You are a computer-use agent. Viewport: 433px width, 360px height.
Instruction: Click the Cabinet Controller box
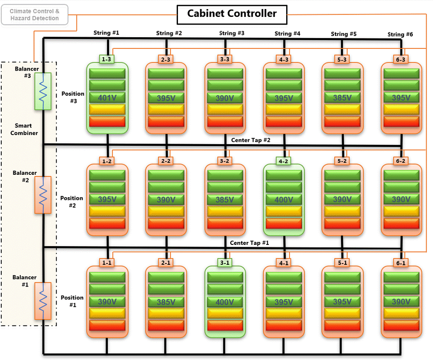pos(232,14)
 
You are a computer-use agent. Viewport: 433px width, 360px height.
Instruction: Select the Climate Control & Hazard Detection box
pos(34,15)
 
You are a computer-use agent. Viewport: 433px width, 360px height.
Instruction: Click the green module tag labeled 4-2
pos(284,161)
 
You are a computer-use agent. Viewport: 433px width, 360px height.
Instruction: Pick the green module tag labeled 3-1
pos(225,263)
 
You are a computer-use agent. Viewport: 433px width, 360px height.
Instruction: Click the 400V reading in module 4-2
pos(284,199)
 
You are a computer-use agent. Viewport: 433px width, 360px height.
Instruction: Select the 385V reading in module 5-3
pos(343,98)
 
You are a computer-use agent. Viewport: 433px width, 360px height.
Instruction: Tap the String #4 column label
pos(288,34)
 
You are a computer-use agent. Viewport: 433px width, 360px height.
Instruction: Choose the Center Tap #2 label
pos(251,140)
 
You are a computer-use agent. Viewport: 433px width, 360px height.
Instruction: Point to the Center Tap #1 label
pos(249,243)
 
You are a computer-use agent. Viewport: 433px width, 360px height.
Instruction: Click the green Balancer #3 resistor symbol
pos(43,91)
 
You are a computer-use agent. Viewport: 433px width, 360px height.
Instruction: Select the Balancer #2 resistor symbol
pos(43,195)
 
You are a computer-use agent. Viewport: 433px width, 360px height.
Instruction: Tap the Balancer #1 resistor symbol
pos(43,301)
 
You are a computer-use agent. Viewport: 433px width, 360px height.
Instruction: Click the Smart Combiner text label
pos(24,129)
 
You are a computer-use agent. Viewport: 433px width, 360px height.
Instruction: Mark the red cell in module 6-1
pos(401,325)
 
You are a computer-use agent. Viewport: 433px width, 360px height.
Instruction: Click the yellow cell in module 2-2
pos(166,211)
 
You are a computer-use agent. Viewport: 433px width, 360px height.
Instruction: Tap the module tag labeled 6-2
pos(401,161)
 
